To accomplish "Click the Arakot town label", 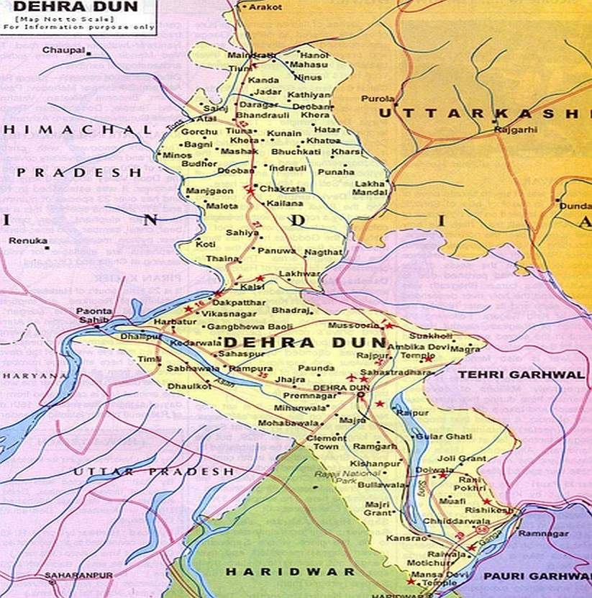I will click(x=265, y=6).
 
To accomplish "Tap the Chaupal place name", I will click(x=63, y=50).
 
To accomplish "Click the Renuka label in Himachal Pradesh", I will click(x=28, y=241).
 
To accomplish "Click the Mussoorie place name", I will click(x=352, y=325).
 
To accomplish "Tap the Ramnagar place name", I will click(x=548, y=533).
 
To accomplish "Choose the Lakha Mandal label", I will click(x=370, y=189).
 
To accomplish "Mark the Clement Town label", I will click(x=326, y=442).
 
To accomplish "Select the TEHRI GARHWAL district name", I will click(x=522, y=375).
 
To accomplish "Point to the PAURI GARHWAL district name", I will click(x=535, y=576).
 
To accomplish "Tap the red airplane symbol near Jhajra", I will click(x=352, y=378).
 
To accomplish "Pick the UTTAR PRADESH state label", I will click(x=154, y=471).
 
